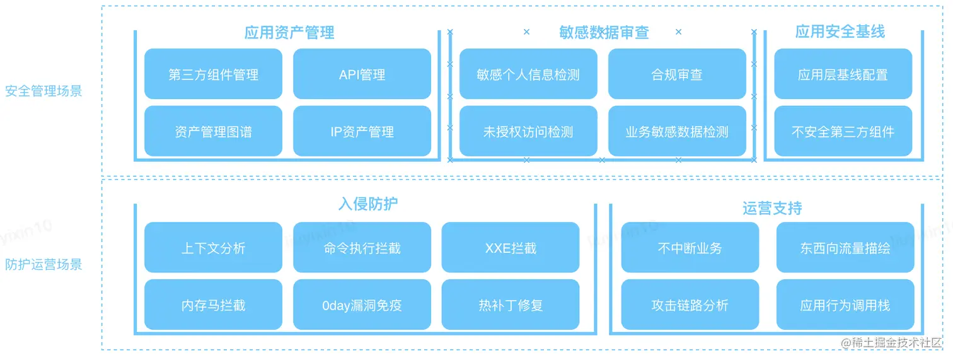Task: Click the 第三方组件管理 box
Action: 213,74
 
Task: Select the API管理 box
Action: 362,74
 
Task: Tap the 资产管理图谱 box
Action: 213,131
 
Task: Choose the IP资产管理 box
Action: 362,131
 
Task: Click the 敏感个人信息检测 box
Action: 528,74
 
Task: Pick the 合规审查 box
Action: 676,74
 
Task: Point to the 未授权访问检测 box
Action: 528,131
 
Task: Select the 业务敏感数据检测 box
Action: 676,131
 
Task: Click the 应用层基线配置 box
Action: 843,74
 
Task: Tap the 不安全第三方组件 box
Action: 843,131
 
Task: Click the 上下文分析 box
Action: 213,248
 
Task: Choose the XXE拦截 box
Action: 510,248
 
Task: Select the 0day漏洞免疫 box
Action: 362,305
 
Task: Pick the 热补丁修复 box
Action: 510,305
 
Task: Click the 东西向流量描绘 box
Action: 845,248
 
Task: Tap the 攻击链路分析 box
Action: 690,305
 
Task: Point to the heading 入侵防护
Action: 367,204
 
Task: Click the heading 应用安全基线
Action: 840,32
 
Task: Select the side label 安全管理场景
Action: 43,91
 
